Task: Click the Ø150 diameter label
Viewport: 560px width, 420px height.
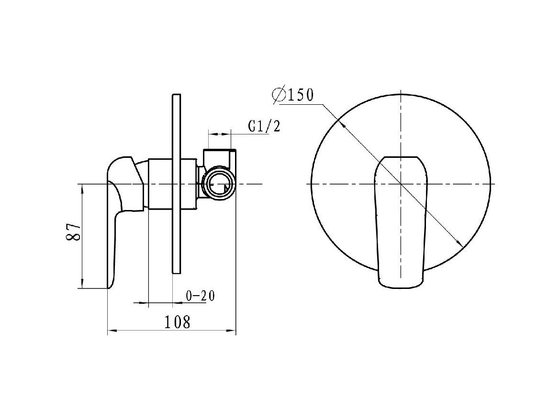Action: [x=292, y=95]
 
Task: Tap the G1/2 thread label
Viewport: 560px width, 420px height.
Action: [x=264, y=126]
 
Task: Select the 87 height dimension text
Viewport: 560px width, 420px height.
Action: [x=73, y=232]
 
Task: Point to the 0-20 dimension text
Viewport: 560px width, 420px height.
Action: [x=201, y=296]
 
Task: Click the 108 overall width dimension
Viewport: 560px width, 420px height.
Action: [x=178, y=322]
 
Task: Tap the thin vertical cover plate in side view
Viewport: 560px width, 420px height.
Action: [x=177, y=184]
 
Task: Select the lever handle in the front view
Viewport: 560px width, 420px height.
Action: [x=401, y=221]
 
